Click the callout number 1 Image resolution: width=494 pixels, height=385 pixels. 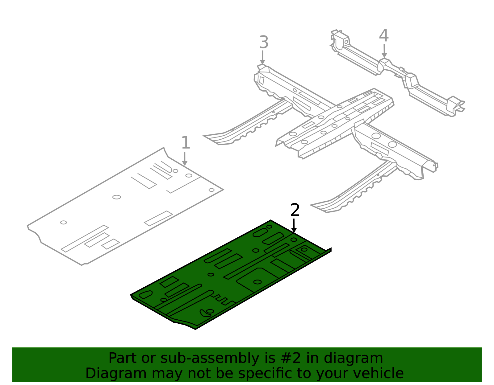[186, 142]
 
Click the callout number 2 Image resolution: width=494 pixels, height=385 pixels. [295, 210]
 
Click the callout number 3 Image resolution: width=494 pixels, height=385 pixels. [264, 42]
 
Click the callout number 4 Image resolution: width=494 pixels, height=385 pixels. [384, 35]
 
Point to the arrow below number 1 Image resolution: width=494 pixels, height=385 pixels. [185, 158]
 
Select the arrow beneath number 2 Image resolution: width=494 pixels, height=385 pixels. [294, 226]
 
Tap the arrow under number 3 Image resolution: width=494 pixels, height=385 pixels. [262, 57]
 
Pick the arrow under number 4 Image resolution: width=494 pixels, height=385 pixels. [384, 51]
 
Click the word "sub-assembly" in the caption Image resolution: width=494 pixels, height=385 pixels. [210, 358]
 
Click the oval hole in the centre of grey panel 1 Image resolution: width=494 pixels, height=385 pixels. [117, 197]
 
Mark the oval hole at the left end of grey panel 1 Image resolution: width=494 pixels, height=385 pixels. [63, 222]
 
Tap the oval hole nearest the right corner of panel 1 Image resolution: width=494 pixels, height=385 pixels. [211, 190]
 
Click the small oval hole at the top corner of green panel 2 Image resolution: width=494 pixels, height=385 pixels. [269, 227]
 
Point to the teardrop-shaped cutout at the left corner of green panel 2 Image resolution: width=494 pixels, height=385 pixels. [145, 294]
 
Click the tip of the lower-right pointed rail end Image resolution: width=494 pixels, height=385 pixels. [311, 205]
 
